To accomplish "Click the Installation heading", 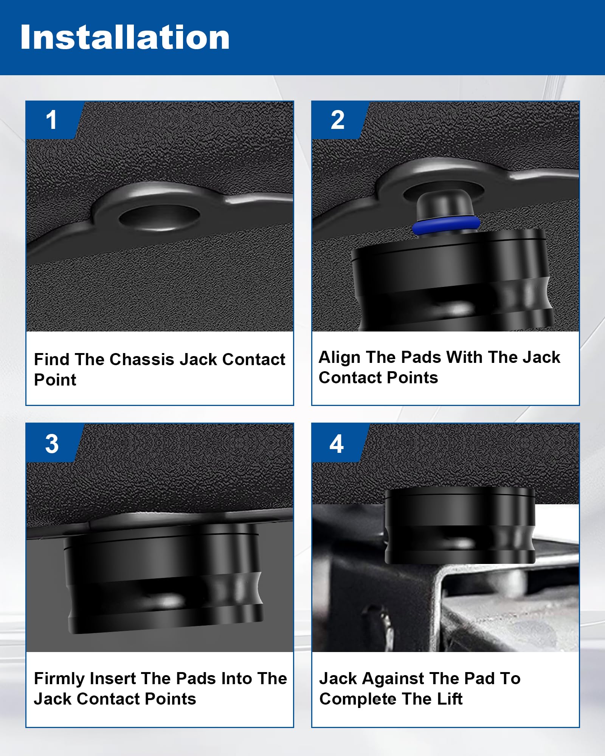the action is (x=125, y=37).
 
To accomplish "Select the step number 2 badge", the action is (x=338, y=120).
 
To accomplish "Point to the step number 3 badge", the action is (x=52, y=443).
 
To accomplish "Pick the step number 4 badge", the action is (x=337, y=443).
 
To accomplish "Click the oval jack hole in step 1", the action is (x=159, y=218).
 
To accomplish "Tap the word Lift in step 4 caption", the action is (x=450, y=699).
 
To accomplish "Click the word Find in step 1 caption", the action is (x=51, y=359).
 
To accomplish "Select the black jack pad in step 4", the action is (x=460, y=525).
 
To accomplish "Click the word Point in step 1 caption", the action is (x=55, y=380).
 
